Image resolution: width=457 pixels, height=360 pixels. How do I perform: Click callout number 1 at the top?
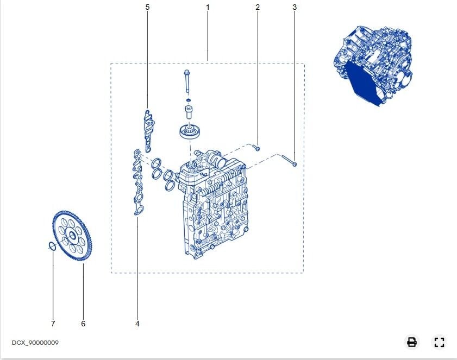(208, 7)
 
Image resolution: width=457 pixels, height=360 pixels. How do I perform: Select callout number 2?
(258, 7)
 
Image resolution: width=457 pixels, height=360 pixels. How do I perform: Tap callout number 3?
(295, 7)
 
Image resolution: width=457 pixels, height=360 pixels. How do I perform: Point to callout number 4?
(137, 324)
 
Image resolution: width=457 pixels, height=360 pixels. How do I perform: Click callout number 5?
(147, 7)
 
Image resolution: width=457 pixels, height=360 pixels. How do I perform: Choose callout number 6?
(83, 324)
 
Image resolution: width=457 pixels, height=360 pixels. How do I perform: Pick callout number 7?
(53, 324)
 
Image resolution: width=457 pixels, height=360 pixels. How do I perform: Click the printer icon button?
(412, 342)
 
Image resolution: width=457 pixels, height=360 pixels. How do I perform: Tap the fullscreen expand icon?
(439, 342)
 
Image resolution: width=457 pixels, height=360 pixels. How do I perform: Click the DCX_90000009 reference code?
(35, 343)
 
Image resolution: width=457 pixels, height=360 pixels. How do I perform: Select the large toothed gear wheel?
(72, 235)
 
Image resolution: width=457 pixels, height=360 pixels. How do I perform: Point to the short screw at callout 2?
(256, 148)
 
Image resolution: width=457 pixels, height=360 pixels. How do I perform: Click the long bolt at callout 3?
(289, 161)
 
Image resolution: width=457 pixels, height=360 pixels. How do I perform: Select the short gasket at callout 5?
(149, 131)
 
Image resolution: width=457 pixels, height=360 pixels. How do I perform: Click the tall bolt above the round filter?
(187, 81)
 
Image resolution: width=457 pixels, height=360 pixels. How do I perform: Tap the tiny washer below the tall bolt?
(189, 100)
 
